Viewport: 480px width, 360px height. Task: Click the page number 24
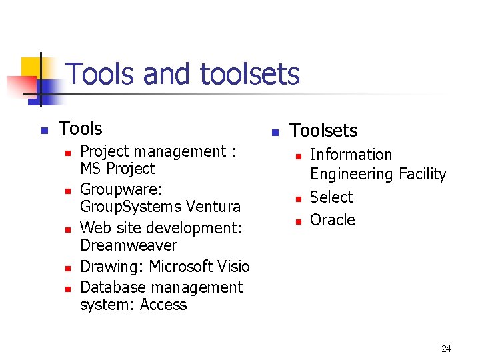[x=446, y=349]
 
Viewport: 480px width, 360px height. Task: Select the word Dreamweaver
[x=129, y=245]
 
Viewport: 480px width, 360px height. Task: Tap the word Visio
[x=233, y=267]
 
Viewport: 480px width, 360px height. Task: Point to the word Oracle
[x=333, y=220]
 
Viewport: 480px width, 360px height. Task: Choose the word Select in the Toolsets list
[x=331, y=197]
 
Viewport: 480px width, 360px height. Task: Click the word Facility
[x=422, y=174]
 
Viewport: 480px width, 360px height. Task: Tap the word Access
[x=165, y=305]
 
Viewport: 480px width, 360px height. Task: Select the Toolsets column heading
[x=323, y=131]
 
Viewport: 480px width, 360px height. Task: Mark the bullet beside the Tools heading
[x=44, y=130]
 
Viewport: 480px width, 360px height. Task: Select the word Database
[x=111, y=287]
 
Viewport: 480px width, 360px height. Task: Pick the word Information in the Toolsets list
[x=351, y=155]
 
